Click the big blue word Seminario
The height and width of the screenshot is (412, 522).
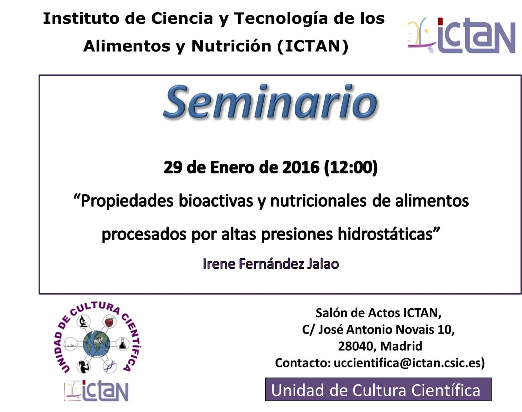click(271, 102)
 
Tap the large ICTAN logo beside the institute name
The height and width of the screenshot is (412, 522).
click(461, 36)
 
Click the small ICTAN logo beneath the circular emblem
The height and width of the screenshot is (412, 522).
click(96, 391)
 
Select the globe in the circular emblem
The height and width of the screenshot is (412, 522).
click(96, 344)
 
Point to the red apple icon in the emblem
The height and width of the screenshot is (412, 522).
click(109, 322)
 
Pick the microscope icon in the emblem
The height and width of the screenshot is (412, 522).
click(83, 322)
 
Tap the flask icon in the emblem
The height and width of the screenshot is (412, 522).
click(122, 344)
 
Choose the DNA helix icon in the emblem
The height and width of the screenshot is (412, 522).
click(109, 366)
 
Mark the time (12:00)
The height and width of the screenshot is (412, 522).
click(351, 167)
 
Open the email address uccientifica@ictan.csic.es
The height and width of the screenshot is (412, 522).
click(409, 363)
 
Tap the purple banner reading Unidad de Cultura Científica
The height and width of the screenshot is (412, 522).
click(378, 389)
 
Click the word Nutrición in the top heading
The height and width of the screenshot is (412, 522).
click(231, 46)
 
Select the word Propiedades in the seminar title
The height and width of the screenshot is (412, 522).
click(127, 201)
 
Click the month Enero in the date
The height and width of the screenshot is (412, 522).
click(232, 167)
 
